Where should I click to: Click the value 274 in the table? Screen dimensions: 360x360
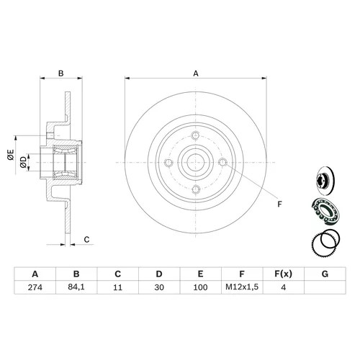35,287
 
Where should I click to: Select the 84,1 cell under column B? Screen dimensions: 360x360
76,287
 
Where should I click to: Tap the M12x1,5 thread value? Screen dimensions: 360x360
242,287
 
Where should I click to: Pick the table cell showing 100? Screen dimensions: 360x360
200,287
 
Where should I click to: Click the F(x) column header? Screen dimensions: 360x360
284,274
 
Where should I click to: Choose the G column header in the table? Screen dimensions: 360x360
325,274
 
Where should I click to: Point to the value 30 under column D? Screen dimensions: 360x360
159,287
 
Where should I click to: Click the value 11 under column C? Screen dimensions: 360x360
117,287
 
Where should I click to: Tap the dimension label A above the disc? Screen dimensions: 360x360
196,73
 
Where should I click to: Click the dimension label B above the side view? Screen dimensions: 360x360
61,73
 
